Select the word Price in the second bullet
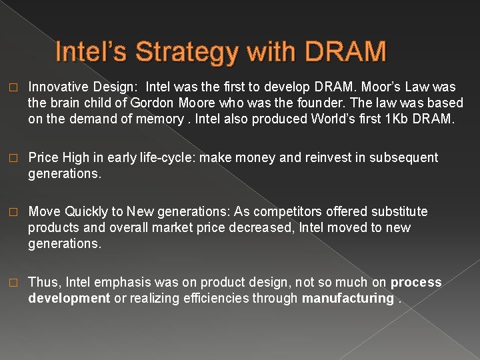[x=43, y=157]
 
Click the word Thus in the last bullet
[x=43, y=282]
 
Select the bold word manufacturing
[x=347, y=298]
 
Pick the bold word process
[x=416, y=282]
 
